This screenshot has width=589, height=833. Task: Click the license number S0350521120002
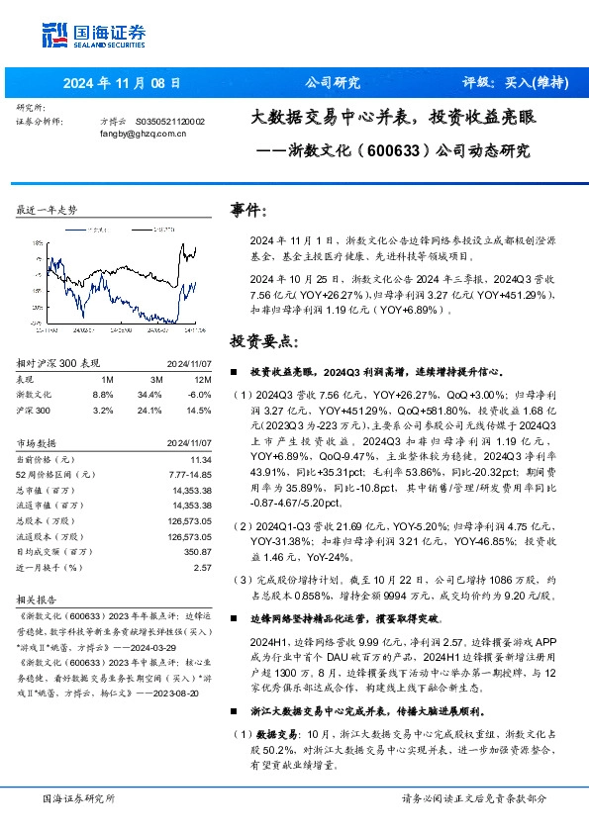tap(169, 121)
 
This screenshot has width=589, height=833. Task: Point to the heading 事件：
tap(248, 210)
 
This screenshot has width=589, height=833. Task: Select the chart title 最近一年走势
tap(48, 210)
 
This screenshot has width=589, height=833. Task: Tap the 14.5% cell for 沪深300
tap(200, 409)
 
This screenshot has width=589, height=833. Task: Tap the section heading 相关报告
tap(39, 600)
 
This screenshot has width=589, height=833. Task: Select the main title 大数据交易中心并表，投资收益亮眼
tap(393, 117)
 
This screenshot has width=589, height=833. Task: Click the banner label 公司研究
tap(332, 82)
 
